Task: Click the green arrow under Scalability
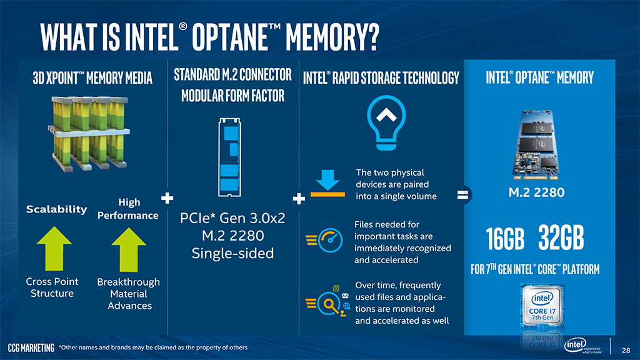click(54, 248)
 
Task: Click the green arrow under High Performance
click(129, 249)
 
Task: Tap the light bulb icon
click(386, 122)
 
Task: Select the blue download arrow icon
click(327, 183)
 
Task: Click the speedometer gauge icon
click(325, 240)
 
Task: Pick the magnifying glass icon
click(329, 302)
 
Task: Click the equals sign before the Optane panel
click(463, 195)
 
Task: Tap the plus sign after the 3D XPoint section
click(167, 198)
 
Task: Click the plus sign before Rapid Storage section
click(299, 199)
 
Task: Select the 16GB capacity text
click(505, 238)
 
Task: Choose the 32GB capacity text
click(561, 237)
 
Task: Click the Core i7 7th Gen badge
click(542, 306)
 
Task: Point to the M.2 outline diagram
click(229, 157)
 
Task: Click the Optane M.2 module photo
click(536, 144)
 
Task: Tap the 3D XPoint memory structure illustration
click(89, 133)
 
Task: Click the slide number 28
click(626, 350)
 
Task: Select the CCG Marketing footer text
click(31, 347)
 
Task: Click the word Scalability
click(56, 209)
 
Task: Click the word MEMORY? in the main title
click(332, 37)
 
